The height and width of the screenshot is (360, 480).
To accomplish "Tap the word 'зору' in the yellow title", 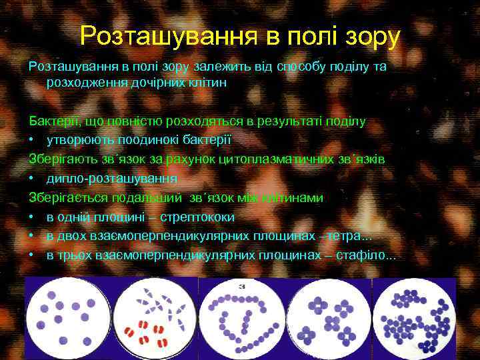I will point(367,37).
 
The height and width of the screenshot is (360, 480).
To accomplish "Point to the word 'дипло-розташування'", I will point(112,179).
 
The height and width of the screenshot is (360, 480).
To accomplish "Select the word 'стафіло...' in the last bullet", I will point(366,255).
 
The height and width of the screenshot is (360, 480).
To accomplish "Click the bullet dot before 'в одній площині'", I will point(32,217).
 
